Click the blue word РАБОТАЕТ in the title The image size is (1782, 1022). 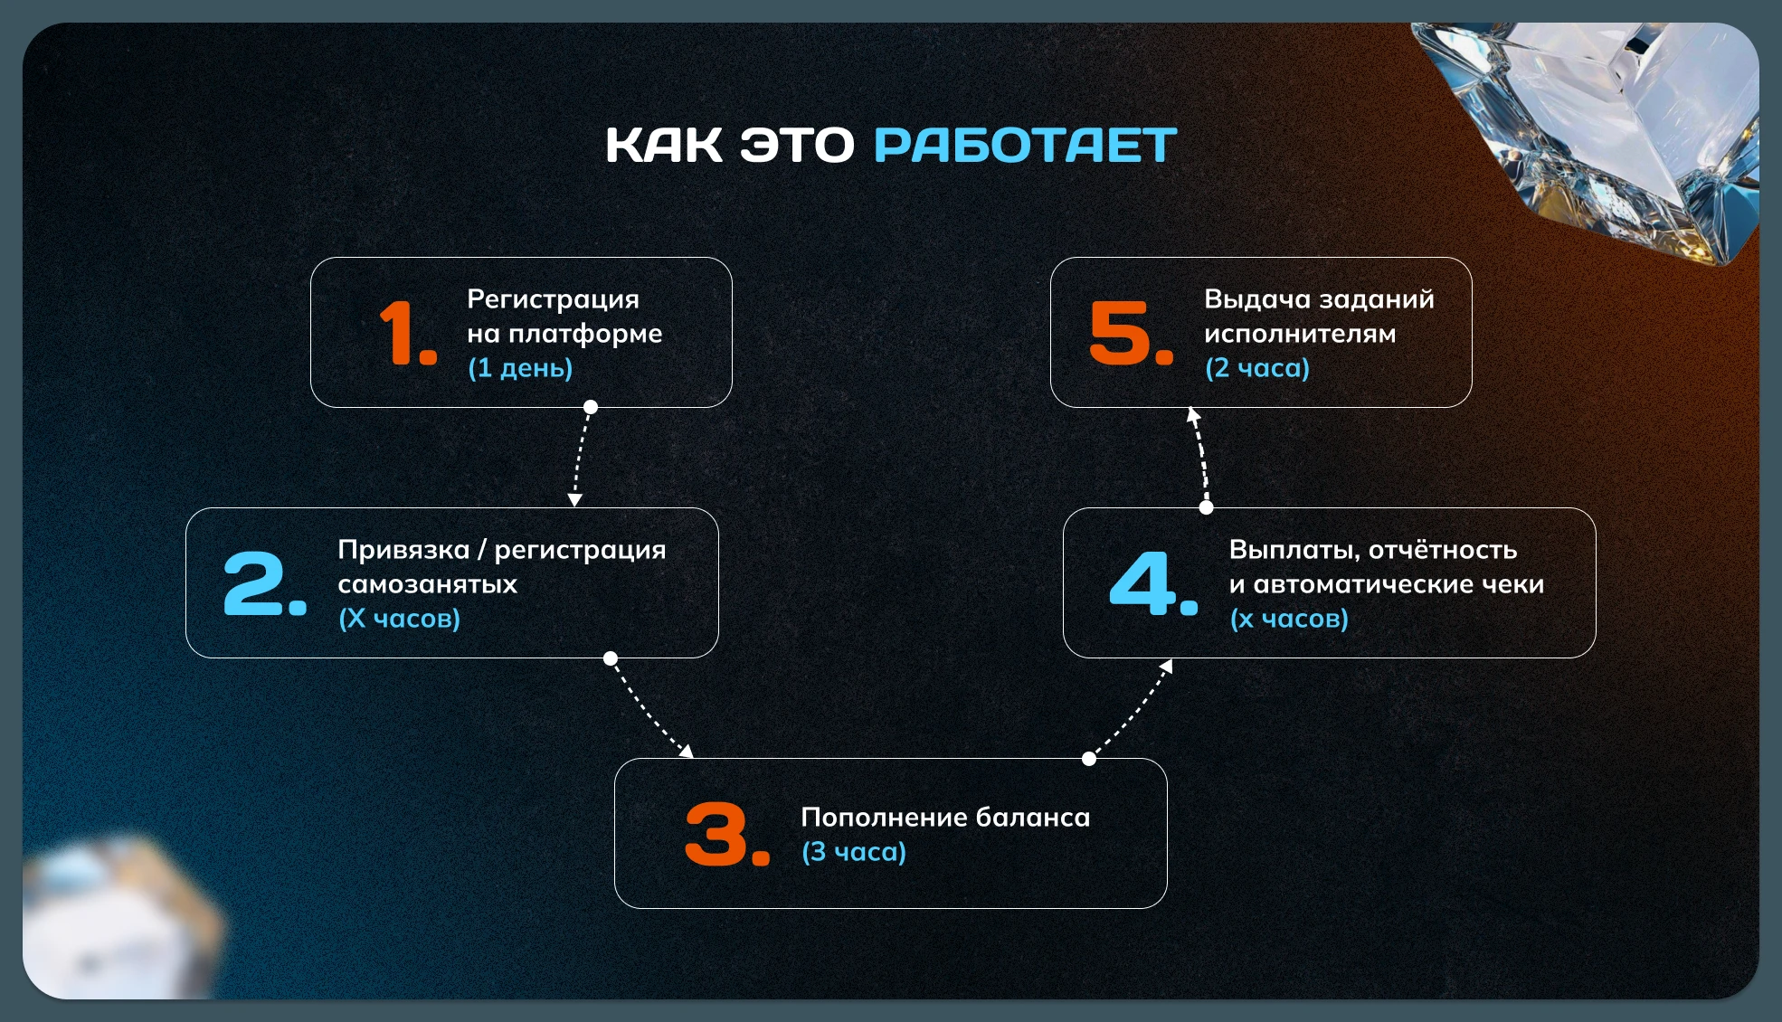click(x=1025, y=146)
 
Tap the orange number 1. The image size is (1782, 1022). click(x=408, y=333)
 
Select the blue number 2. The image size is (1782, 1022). click(x=265, y=583)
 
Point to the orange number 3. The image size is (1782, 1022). click(x=727, y=834)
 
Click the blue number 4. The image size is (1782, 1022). click(x=1153, y=583)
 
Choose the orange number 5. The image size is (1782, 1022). click(x=1131, y=333)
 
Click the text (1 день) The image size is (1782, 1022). click(x=520, y=368)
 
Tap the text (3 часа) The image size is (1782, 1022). click(x=854, y=852)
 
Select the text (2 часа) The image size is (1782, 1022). click(x=1257, y=368)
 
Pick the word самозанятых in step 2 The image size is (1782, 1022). click(x=428, y=584)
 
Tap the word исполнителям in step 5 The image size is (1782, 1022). click(x=1300, y=334)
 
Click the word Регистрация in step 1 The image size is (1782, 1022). click(x=553, y=299)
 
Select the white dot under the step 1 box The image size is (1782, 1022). click(x=591, y=407)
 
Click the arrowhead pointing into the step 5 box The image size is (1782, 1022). click(x=1193, y=415)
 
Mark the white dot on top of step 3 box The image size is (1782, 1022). click(x=1089, y=759)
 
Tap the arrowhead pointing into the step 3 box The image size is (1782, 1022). click(x=687, y=751)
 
